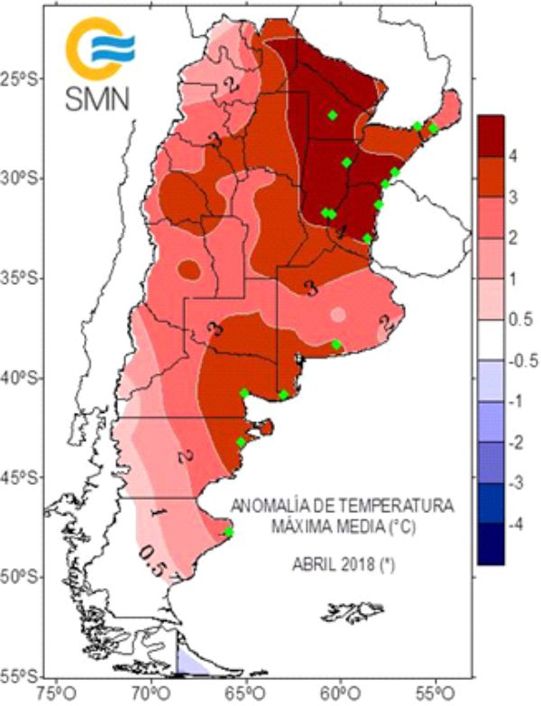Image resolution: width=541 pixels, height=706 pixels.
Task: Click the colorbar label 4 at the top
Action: (512, 156)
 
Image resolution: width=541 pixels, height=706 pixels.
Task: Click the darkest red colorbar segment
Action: (490, 135)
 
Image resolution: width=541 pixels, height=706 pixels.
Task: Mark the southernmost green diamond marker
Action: (229, 532)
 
